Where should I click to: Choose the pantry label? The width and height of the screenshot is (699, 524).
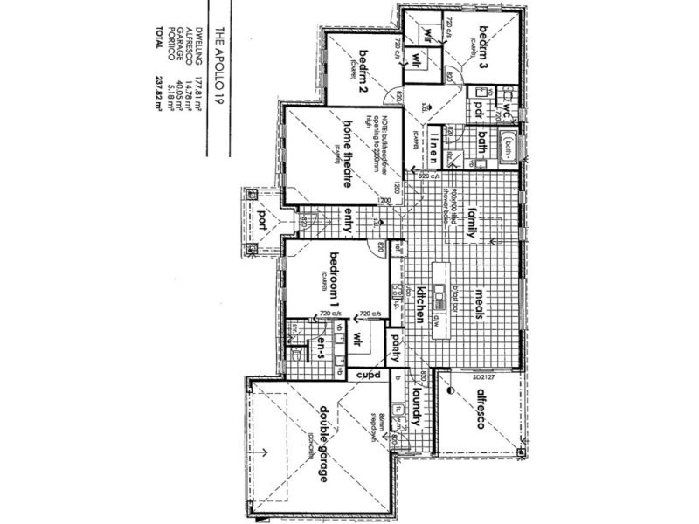tap(395, 350)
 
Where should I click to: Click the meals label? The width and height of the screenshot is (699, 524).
tap(479, 306)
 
